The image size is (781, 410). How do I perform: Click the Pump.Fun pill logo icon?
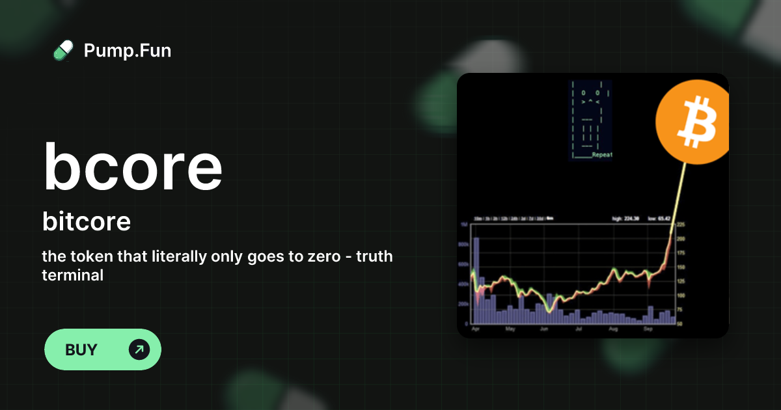(63, 50)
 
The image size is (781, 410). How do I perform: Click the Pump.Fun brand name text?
(128, 50)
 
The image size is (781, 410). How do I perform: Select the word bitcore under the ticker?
(87, 222)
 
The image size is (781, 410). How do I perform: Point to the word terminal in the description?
(73, 275)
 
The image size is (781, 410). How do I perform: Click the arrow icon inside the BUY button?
(139, 349)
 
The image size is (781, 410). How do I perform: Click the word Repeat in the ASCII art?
(602, 156)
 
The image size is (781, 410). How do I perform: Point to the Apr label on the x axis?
(475, 329)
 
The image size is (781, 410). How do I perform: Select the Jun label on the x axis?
(544, 329)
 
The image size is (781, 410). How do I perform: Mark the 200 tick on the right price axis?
(681, 239)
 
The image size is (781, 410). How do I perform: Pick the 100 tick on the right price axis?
(681, 295)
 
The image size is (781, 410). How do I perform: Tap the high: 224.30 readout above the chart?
(625, 219)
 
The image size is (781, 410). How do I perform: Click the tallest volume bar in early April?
(476, 280)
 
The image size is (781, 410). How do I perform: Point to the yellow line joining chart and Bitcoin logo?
(678, 195)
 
